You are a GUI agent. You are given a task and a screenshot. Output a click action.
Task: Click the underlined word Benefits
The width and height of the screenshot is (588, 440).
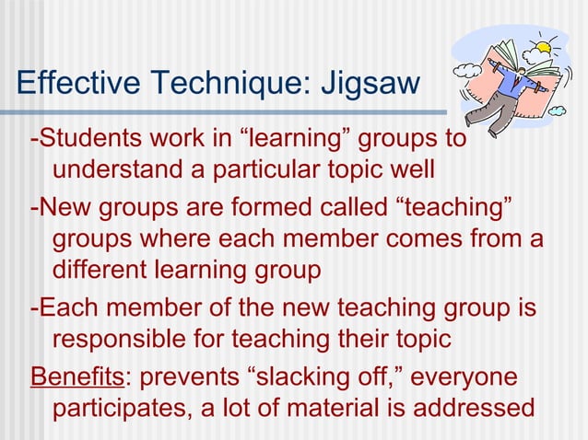[76, 379]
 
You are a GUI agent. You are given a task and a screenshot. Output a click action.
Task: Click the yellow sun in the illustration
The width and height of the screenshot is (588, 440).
[541, 45]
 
